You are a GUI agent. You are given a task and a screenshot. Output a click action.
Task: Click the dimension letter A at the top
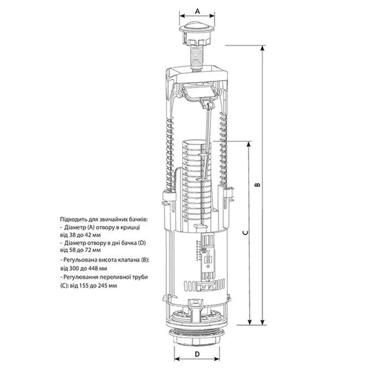198,11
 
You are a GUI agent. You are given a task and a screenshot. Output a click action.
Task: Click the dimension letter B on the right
258,185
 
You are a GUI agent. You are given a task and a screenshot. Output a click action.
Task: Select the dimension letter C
246,233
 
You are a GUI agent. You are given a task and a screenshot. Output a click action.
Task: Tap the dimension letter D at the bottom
198,354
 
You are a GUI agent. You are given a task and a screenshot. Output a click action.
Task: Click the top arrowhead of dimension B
262,48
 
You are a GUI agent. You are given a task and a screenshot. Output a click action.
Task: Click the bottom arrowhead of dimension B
262,322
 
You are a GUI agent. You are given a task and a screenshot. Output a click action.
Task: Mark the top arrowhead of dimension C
249,144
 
